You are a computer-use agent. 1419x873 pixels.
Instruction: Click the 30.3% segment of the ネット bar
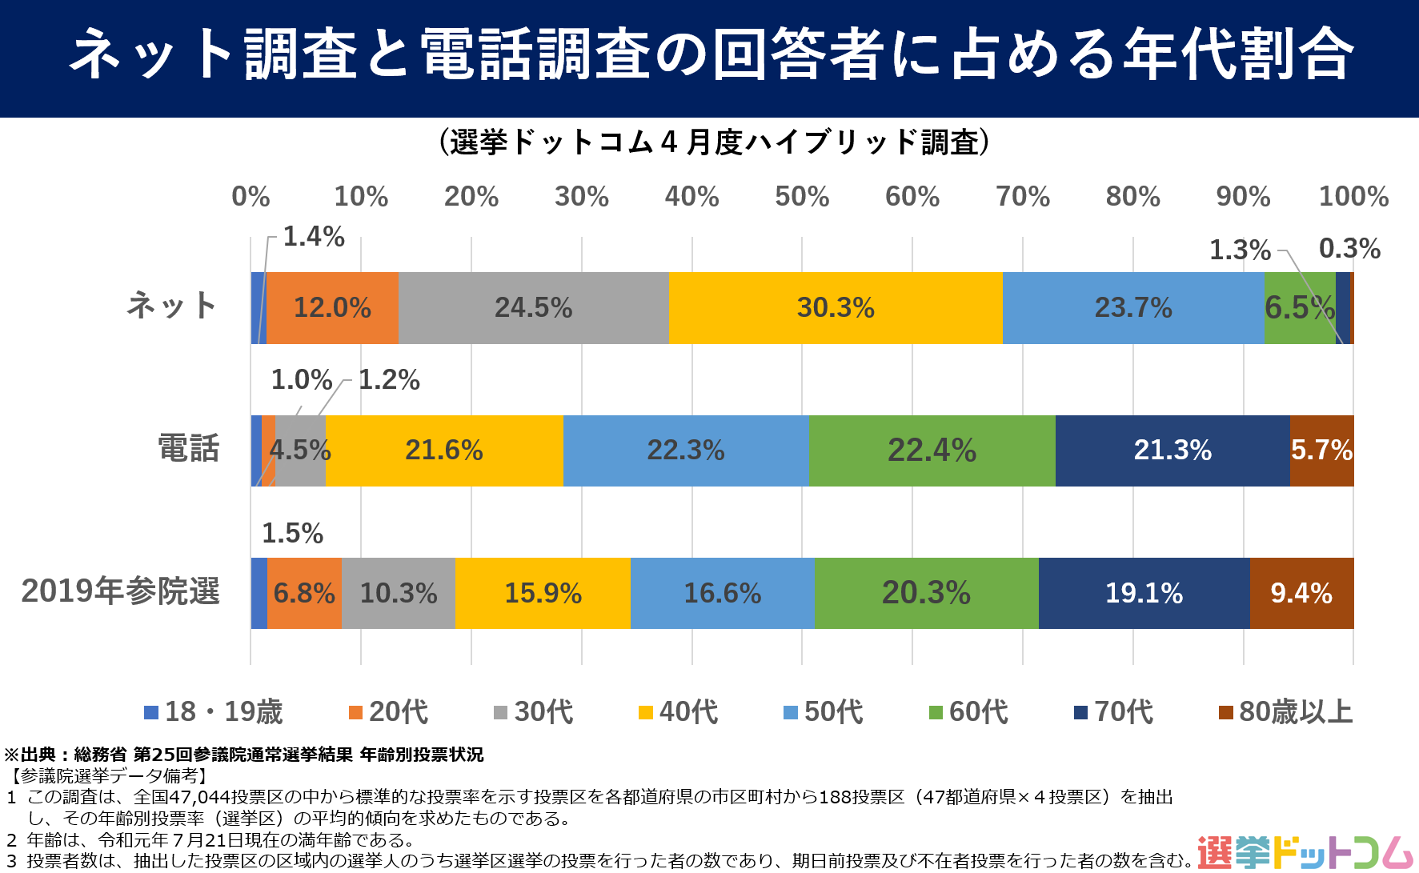(836, 308)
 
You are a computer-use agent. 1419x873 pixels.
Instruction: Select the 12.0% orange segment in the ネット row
(332, 308)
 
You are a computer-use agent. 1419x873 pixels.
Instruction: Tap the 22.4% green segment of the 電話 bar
(932, 451)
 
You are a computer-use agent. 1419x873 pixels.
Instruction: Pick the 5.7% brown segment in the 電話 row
(1321, 451)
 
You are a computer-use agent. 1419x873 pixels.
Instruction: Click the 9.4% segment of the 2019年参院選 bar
(1301, 593)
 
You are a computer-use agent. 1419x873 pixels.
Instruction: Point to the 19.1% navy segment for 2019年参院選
(1144, 593)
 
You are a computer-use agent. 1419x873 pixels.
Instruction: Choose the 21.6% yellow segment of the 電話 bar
(444, 451)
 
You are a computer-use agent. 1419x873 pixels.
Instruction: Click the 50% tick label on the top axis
(802, 197)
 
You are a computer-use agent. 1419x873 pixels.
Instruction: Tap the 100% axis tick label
(1353, 197)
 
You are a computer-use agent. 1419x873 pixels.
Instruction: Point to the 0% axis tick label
(251, 197)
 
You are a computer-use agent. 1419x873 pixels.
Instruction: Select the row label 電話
(188, 449)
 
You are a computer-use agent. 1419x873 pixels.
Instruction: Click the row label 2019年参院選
(120, 591)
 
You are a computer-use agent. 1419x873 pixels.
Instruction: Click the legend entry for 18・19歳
(214, 712)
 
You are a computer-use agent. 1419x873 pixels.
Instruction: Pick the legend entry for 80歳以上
(1285, 712)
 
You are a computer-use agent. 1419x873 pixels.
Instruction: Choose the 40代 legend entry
(679, 712)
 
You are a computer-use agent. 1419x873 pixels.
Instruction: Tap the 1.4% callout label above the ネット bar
(314, 237)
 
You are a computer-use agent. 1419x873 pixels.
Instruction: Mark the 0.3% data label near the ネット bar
(1349, 249)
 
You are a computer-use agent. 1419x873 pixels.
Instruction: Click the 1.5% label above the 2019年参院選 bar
(292, 534)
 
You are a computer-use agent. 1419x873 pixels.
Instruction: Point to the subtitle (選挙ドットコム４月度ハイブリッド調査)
(714, 142)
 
